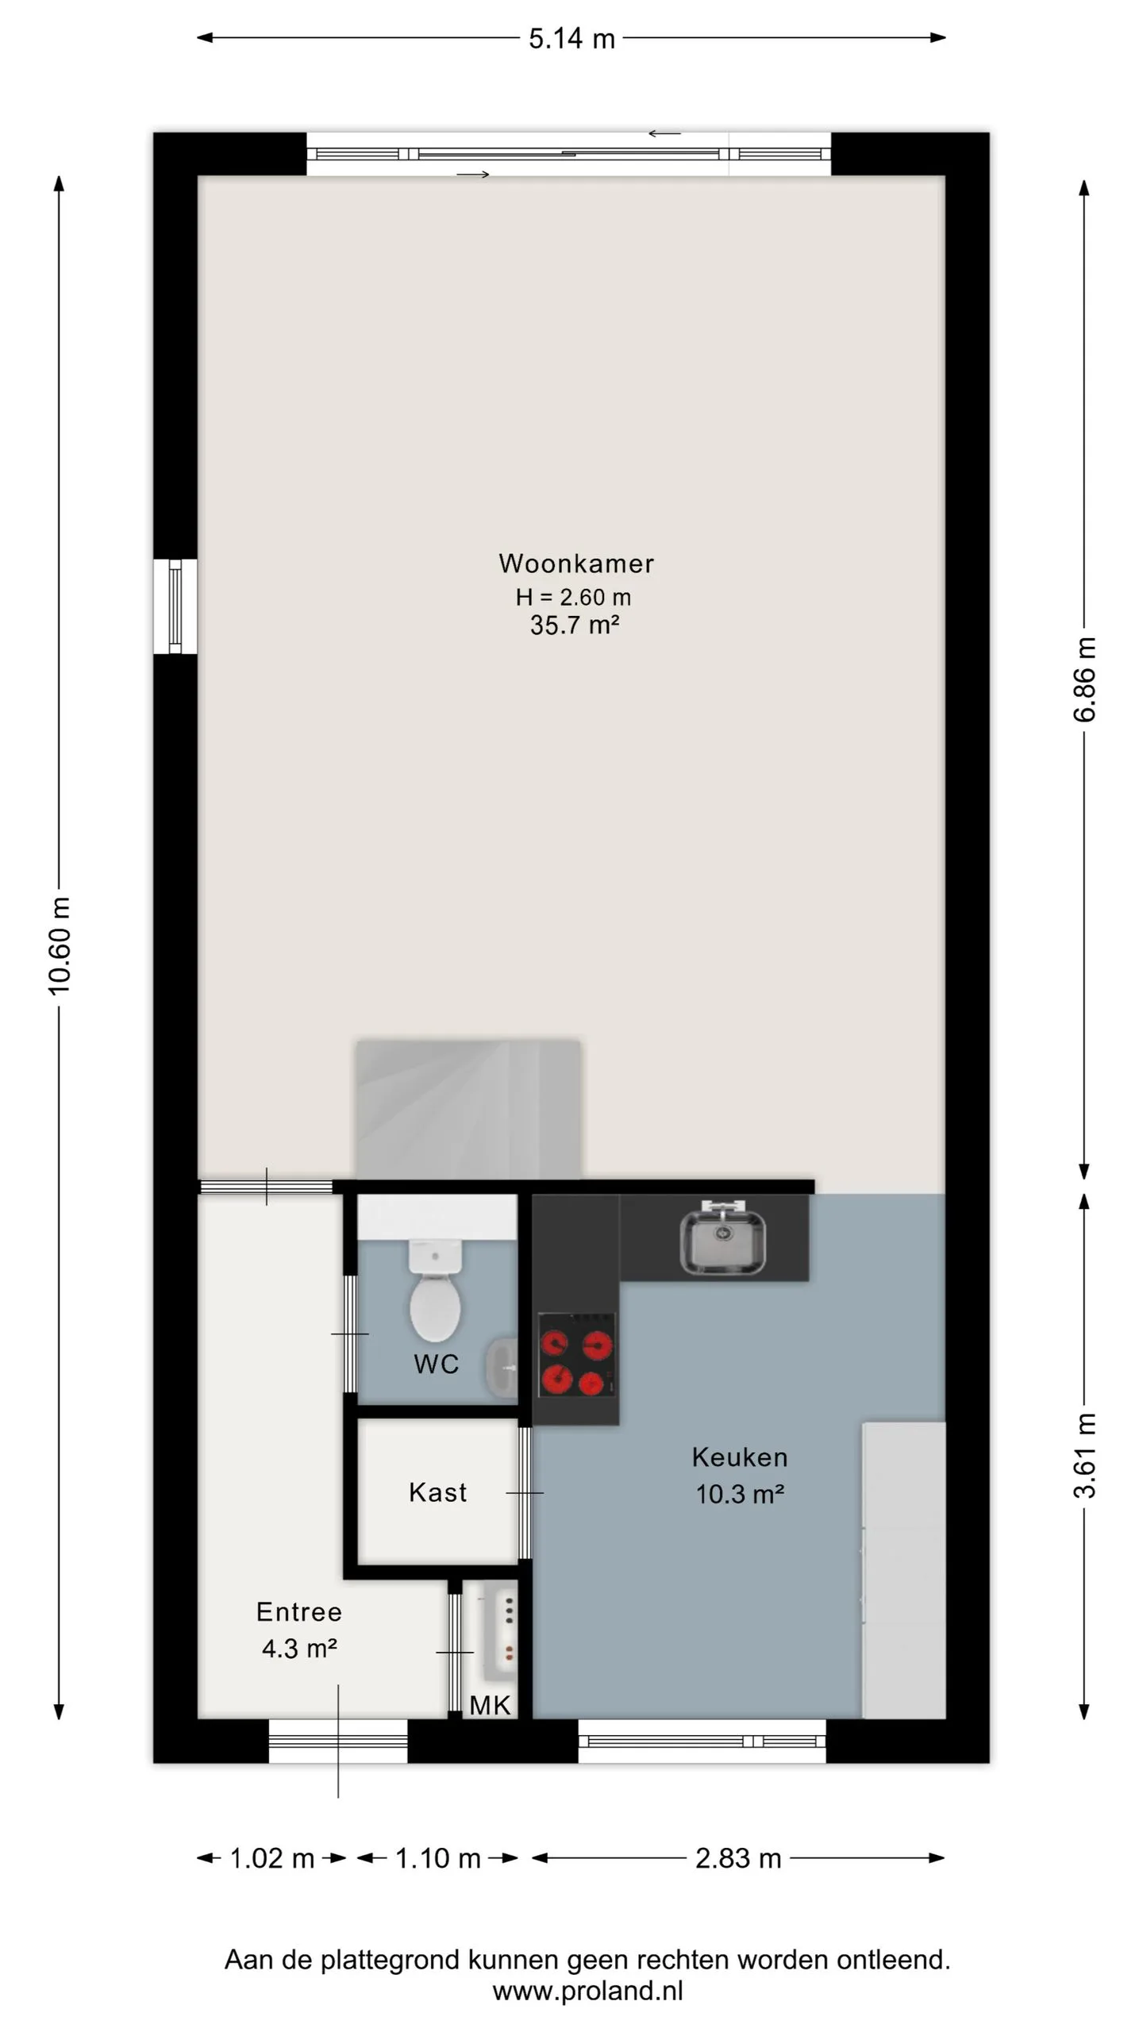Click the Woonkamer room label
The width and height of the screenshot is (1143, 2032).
pos(576,564)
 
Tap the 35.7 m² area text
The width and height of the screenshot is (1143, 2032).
pos(575,625)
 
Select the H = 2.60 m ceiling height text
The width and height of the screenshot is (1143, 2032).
pos(573,597)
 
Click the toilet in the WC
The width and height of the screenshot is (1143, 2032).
pos(435,1290)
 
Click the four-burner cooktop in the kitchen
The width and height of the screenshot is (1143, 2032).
pos(577,1354)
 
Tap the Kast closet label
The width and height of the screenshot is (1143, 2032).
pos(437,1492)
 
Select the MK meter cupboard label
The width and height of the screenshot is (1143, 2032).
pos(490,1705)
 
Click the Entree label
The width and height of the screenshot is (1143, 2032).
pos(299,1612)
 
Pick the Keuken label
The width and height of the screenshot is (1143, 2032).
pos(740,1457)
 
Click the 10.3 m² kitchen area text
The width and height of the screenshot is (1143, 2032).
pos(740,1495)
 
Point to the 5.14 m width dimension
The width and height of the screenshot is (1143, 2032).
pos(571,38)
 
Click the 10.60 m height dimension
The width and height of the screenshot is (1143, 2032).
pos(60,945)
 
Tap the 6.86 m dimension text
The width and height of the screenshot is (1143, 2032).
pos(1085,679)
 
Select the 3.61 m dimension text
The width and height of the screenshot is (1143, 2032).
pos(1085,1455)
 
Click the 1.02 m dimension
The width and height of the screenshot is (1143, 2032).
pos(271,1858)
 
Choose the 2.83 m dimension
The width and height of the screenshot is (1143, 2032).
pos(738,1858)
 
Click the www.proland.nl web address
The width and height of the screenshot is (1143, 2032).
pos(587,1990)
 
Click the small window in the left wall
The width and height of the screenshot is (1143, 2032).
pos(175,606)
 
